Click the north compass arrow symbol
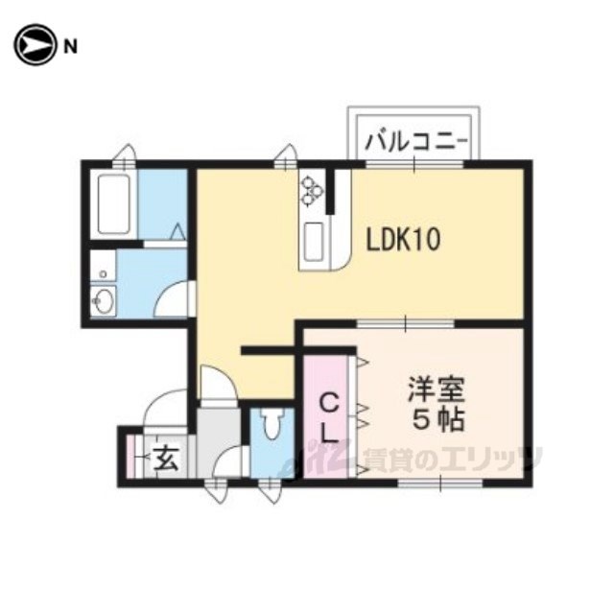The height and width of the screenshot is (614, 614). pyautogui.click(x=34, y=44)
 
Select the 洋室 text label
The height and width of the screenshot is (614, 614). pyautogui.click(x=436, y=391)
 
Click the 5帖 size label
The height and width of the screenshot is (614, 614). pyautogui.click(x=436, y=420)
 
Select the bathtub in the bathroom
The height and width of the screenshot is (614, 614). pyautogui.click(x=114, y=205)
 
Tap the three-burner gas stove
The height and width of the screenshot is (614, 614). pyautogui.click(x=313, y=192)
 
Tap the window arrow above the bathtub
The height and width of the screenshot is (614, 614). pyautogui.click(x=125, y=153)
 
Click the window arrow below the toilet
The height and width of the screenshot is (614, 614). pyautogui.click(x=271, y=492)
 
